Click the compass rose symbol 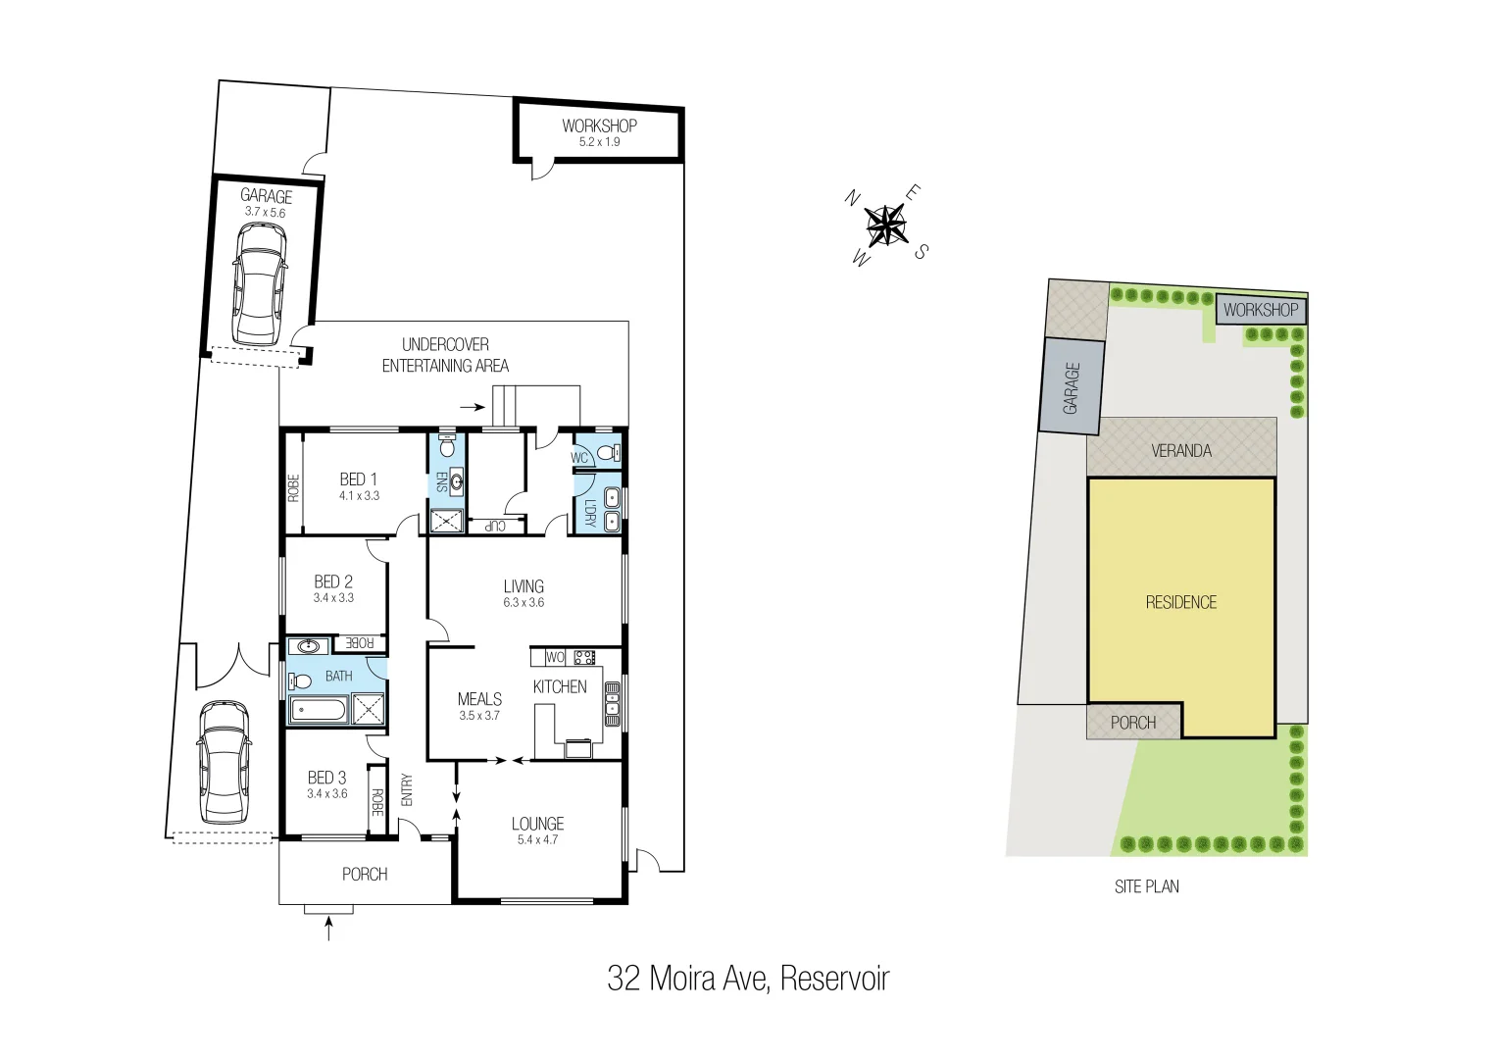886,225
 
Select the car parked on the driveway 225,762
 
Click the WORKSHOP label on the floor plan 599,126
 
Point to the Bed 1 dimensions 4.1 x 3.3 359,496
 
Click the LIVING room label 524,586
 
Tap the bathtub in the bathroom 318,711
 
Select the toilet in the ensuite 447,448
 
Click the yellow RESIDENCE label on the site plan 1181,602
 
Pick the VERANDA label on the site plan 1181,451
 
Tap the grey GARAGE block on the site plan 1072,386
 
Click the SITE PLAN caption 1146,886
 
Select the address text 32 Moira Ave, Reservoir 748,979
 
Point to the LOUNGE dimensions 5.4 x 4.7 537,839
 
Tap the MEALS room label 479,699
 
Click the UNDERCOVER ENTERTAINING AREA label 445,355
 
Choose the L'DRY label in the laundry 589,513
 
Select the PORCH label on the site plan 1133,723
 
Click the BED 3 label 326,778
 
